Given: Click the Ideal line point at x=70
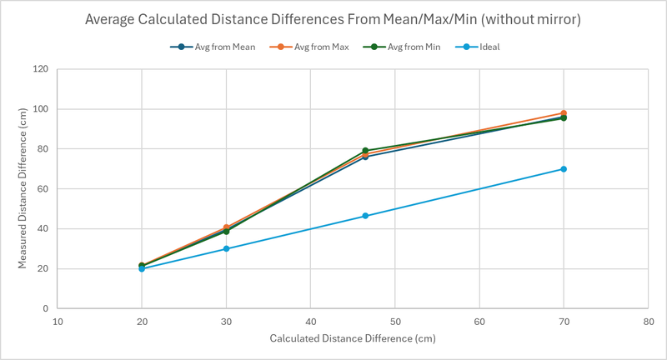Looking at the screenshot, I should (564, 169).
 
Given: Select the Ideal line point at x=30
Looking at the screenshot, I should (226, 249).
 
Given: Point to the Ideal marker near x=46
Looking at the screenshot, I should (365, 216).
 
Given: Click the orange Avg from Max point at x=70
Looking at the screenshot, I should (564, 113).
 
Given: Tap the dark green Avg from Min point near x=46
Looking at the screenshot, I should (365, 151).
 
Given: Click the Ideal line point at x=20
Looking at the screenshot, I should (142, 269).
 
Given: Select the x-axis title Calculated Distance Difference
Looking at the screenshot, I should (353, 339).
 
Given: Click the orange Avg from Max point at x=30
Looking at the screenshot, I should (226, 227).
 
